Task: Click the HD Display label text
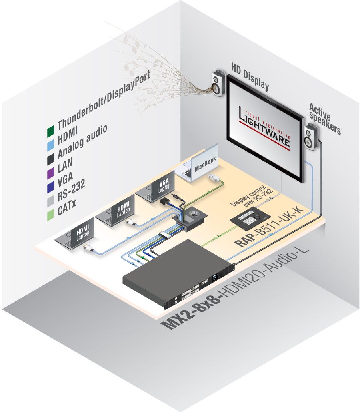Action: pos(250,76)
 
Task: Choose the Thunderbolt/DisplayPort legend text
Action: pos(103,102)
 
